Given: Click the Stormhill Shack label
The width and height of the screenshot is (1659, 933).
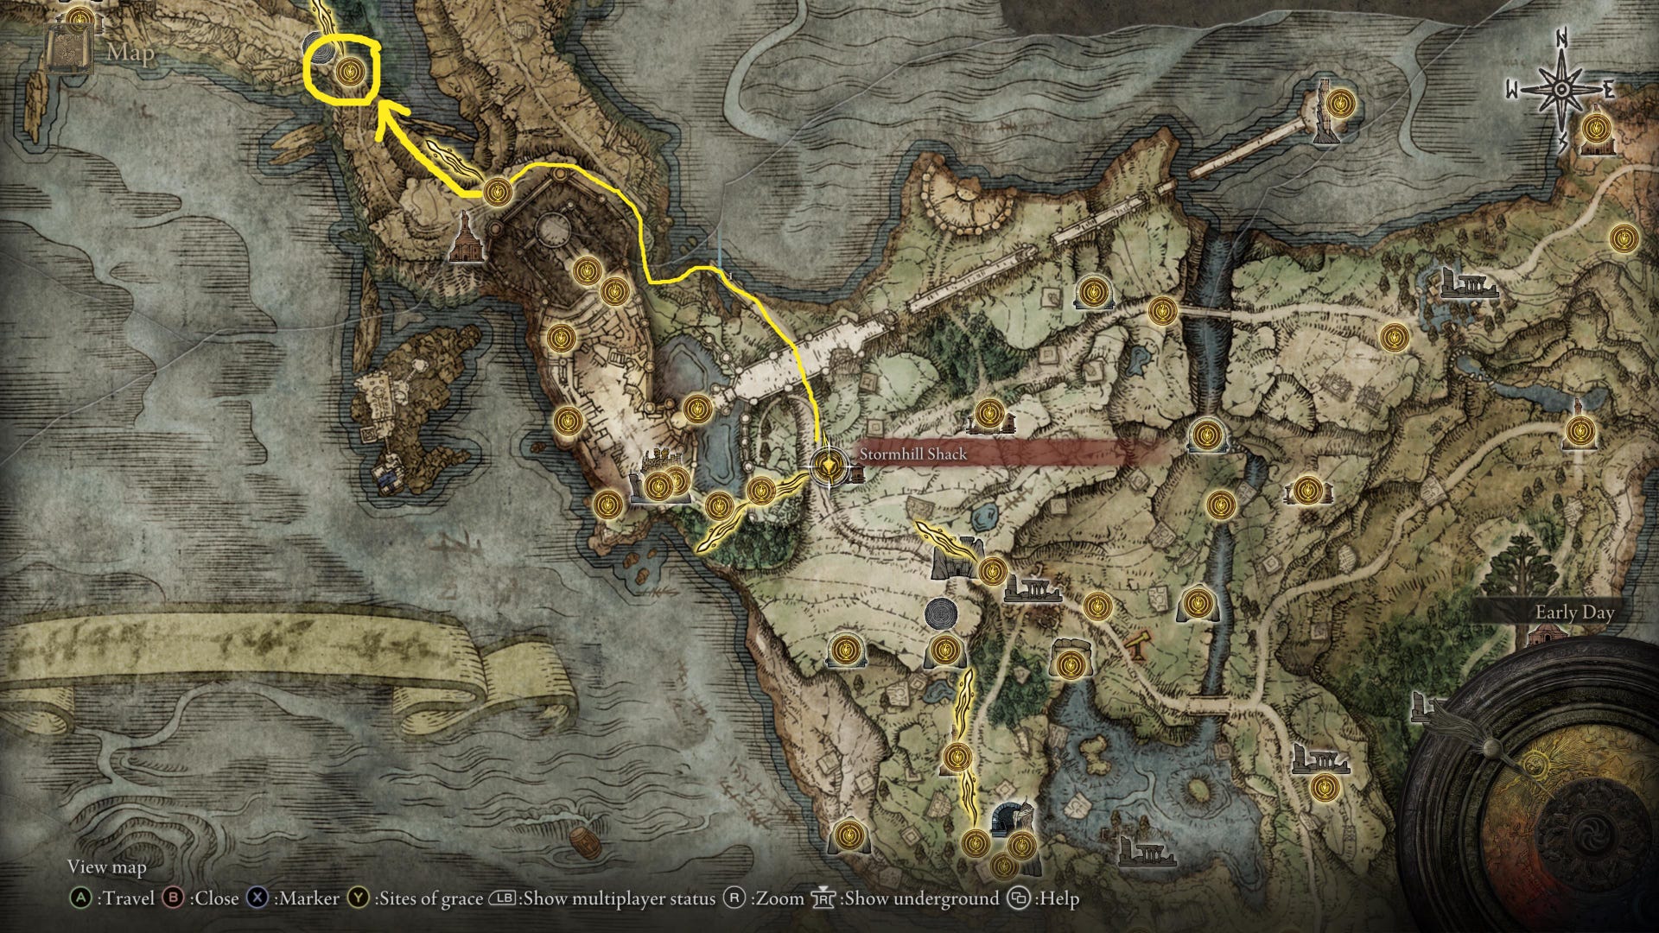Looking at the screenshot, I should coord(912,454).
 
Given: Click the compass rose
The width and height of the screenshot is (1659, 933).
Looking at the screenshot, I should coord(1561,90).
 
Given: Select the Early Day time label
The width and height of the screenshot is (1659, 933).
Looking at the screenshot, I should coord(1573,612).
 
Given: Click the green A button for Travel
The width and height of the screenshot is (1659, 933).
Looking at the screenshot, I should coord(80,898).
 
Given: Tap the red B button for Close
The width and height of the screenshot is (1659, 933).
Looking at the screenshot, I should coord(174,898).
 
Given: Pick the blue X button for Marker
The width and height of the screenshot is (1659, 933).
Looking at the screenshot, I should coord(257,898).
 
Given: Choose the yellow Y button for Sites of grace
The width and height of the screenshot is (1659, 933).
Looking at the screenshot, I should coord(359,898).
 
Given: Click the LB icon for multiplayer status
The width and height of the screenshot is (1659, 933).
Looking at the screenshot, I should coord(502,898).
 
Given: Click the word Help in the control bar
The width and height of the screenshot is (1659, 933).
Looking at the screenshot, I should coord(1059,898).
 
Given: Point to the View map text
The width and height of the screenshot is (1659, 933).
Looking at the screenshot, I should coord(107,866).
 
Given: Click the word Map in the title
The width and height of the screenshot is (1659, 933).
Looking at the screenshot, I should coord(130,53).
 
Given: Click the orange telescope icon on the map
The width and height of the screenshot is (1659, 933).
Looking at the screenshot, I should coord(1138,644).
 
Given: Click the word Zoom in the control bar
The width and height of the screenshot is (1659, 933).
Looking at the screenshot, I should coord(779,898).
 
